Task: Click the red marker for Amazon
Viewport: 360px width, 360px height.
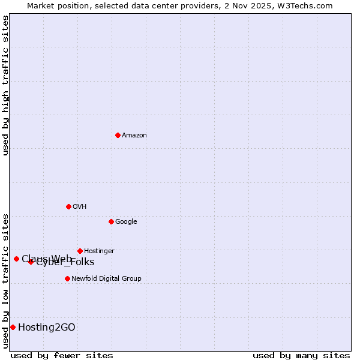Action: (x=118, y=135)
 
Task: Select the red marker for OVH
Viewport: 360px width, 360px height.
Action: (x=68, y=206)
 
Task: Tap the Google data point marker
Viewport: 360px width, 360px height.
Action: (x=111, y=221)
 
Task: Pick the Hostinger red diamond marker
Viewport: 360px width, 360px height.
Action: (x=80, y=251)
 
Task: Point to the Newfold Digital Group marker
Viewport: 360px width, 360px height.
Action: (x=67, y=278)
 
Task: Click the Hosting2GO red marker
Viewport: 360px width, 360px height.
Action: (x=13, y=327)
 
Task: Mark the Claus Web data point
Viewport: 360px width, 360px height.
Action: (x=16, y=259)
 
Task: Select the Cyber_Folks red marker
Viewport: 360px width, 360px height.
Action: (x=31, y=262)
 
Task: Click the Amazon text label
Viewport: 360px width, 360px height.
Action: (x=134, y=136)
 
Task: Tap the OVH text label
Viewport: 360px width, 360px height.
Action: (x=80, y=207)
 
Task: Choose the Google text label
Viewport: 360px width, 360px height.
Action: (x=126, y=222)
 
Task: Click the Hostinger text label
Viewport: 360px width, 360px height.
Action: (x=99, y=251)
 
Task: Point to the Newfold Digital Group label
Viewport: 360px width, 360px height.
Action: (x=106, y=279)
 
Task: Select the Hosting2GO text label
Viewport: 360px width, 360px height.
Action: (x=47, y=328)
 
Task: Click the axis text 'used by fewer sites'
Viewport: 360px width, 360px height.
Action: (x=62, y=355)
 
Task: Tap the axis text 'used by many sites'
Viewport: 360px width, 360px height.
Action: (x=301, y=355)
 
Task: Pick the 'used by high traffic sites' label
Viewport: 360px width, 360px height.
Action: (x=5, y=85)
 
